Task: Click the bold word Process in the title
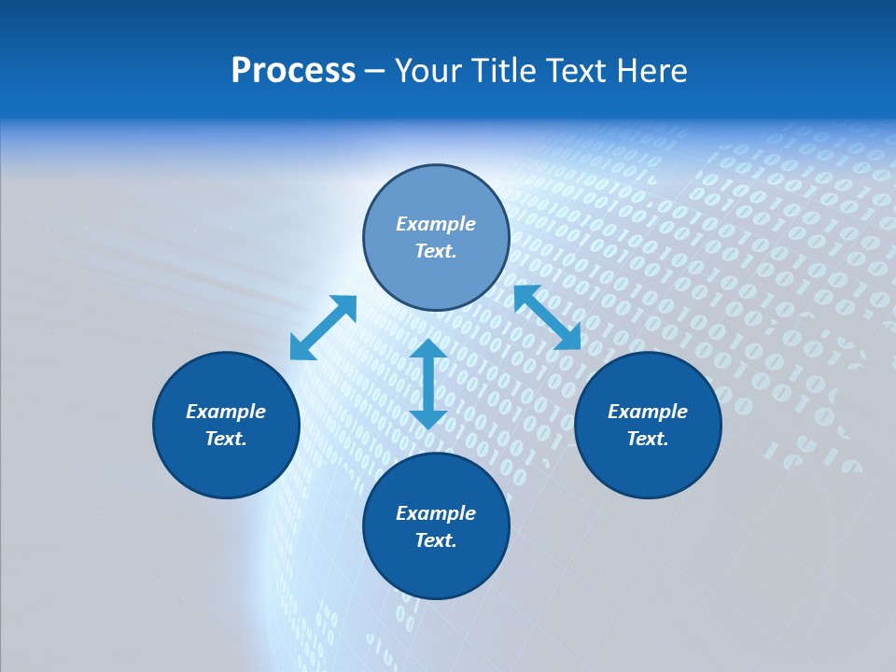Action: pos(293,71)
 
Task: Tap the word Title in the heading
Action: pos(509,71)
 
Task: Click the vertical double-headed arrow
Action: pos(428,384)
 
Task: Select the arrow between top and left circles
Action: pos(323,328)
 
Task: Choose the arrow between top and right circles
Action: pos(547,317)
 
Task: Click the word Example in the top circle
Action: pos(436,224)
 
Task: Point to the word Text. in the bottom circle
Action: pos(436,540)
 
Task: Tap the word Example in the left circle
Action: pos(226,412)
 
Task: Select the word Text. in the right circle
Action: pos(648,439)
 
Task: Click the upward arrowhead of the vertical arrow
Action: pos(428,349)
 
